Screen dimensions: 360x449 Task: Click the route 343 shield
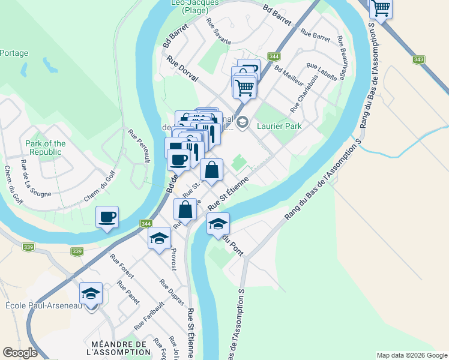coord(419,59)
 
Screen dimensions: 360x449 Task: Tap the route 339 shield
coord(28,247)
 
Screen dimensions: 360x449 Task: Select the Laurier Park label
coord(279,126)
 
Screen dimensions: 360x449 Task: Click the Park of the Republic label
coord(46,148)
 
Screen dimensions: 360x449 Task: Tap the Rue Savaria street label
coord(218,31)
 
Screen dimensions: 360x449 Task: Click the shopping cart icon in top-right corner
coord(381,8)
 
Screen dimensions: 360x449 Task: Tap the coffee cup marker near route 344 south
coord(107,217)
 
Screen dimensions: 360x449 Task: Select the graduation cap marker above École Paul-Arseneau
coord(91,293)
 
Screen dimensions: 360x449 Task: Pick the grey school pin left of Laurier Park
coord(242,124)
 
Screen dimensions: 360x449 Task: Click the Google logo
coord(20,353)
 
